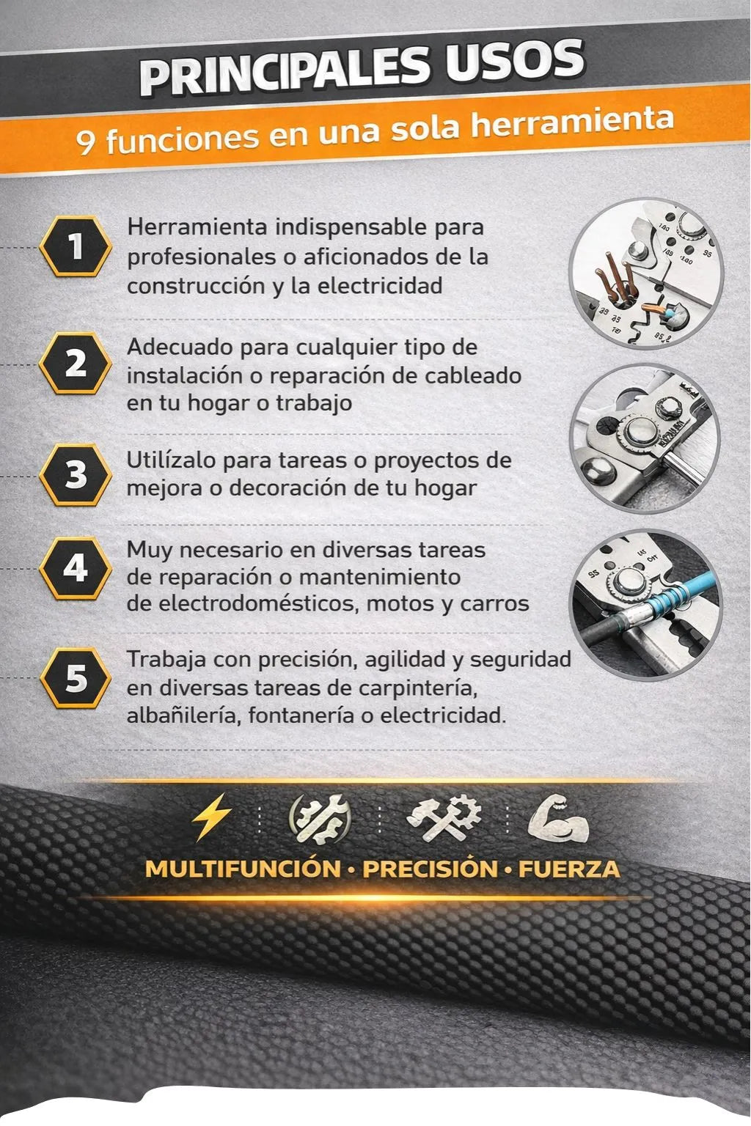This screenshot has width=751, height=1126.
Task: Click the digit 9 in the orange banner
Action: (86, 143)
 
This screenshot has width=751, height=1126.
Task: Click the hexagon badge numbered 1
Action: (76, 246)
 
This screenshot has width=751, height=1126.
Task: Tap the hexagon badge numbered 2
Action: (76, 363)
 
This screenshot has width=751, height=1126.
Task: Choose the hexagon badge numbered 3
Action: (76, 474)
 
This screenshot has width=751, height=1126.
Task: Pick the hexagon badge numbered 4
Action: (76, 568)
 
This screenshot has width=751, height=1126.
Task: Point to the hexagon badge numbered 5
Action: (76, 677)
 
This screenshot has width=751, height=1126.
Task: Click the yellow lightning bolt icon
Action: (211, 817)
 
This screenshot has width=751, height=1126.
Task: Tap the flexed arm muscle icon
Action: (557, 817)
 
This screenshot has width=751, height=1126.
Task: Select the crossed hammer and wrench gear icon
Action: (444, 817)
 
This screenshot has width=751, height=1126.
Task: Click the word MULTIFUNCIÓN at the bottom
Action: (243, 869)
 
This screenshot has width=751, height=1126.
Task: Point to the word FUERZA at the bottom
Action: (569, 869)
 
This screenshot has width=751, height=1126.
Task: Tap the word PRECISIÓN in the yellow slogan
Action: (430, 869)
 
